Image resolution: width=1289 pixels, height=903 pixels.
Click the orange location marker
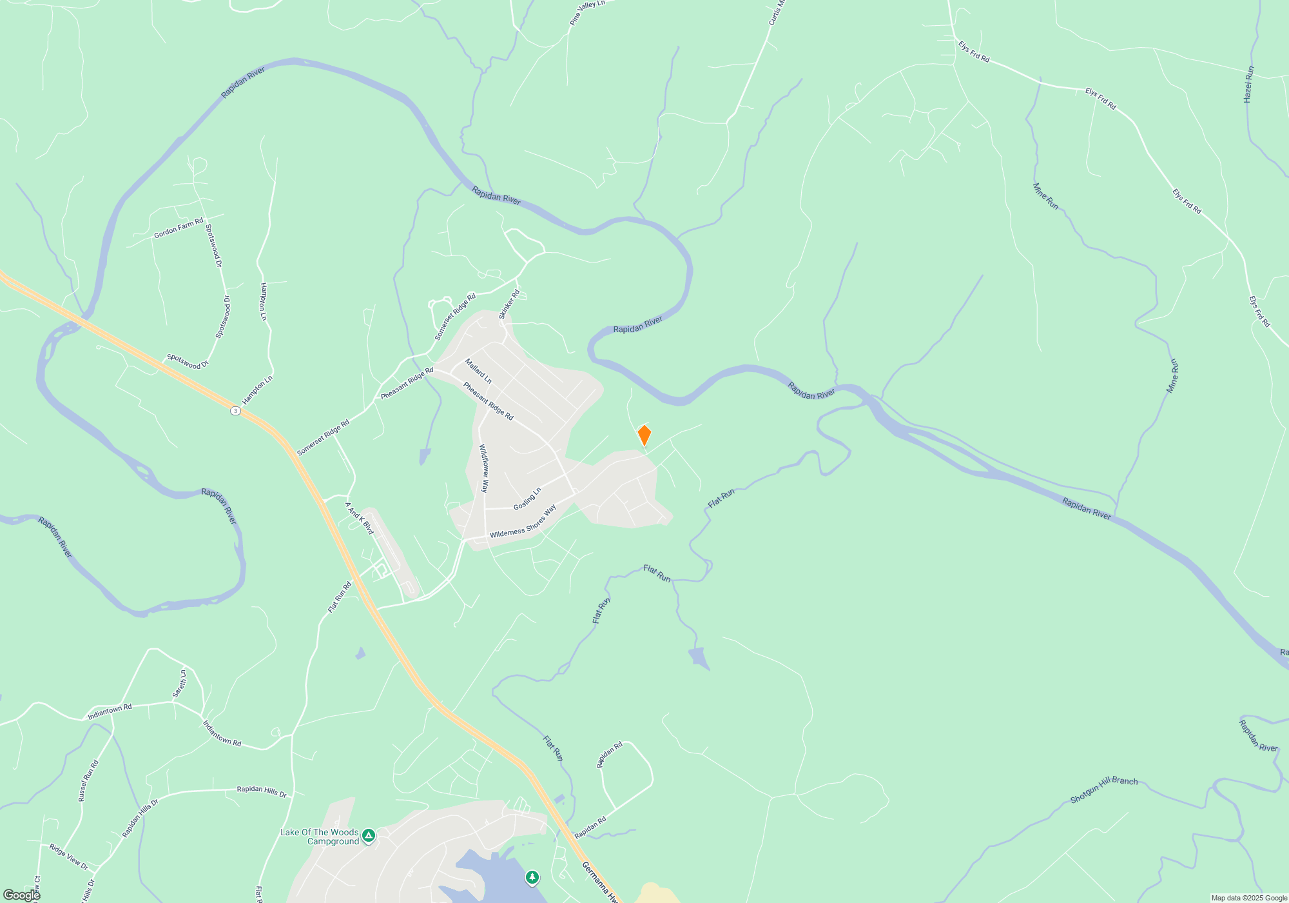point(644,435)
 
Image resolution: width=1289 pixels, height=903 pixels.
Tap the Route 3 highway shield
point(236,411)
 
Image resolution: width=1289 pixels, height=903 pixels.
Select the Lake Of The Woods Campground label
point(320,837)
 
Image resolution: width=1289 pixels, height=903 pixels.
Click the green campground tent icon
point(369,836)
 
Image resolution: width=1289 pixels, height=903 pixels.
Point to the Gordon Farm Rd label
point(178,228)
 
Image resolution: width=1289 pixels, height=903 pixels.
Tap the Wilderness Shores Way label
point(523,523)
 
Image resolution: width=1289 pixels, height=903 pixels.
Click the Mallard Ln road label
point(478,372)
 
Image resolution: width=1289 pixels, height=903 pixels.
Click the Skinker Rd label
point(509,304)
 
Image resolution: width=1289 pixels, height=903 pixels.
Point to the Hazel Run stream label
point(1248,84)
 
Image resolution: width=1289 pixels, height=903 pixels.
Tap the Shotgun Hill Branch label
point(1103,789)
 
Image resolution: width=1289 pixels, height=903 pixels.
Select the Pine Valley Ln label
point(587,13)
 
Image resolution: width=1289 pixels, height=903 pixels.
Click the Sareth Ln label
point(179,684)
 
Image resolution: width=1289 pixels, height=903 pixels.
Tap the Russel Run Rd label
point(88,780)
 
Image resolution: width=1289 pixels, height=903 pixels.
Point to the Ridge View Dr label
point(68,857)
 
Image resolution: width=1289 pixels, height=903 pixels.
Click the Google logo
point(21,895)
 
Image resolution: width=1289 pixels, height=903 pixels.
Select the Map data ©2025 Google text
point(1249,898)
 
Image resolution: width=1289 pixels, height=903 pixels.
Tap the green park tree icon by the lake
point(532,877)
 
